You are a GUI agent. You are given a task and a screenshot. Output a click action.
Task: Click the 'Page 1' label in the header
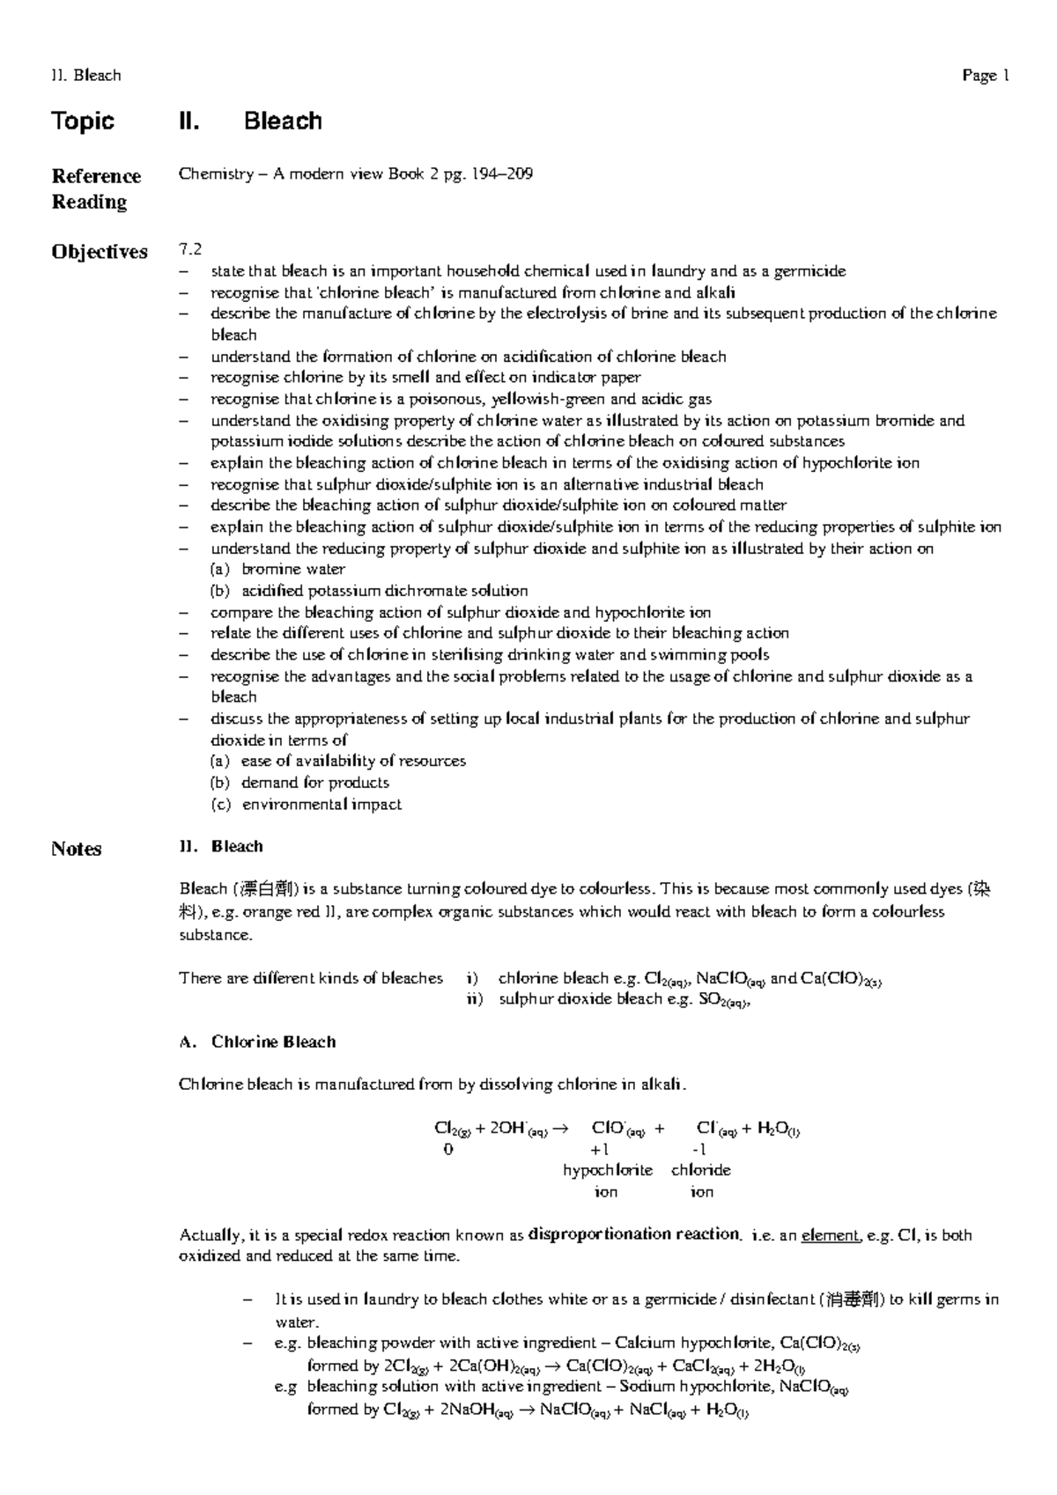[985, 76]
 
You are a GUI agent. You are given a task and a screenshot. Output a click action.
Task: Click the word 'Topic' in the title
[83, 121]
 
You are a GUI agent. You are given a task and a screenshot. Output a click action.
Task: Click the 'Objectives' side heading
[99, 252]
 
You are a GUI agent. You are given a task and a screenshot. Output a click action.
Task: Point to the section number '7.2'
[190, 250]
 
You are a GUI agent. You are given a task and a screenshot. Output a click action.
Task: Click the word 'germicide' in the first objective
[809, 271]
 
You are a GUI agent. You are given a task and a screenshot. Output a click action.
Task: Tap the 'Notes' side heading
[76, 849]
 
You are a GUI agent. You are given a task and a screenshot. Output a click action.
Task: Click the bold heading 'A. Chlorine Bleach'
[257, 1042]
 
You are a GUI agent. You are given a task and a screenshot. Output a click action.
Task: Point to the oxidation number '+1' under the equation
[600, 1150]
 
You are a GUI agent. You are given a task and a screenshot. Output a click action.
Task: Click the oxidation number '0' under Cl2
[448, 1150]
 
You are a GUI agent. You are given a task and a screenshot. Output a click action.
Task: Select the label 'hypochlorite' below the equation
[608, 1170]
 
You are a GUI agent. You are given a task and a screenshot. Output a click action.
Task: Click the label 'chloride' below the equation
[701, 1170]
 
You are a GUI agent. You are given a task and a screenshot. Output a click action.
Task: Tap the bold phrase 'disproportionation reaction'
[633, 1234]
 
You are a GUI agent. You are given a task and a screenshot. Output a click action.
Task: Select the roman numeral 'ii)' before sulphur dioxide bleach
[475, 999]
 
